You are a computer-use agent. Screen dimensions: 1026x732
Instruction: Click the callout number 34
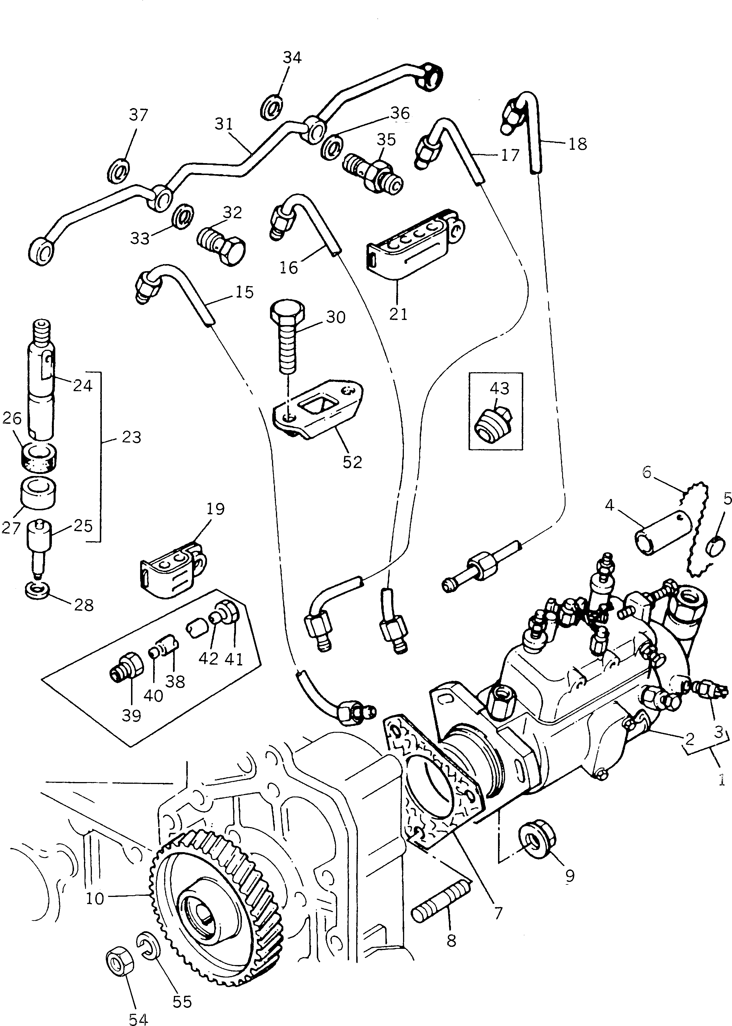[x=292, y=58]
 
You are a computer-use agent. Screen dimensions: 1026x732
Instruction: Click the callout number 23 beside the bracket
[x=132, y=437]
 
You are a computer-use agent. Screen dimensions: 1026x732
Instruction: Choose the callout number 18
[x=577, y=144]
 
